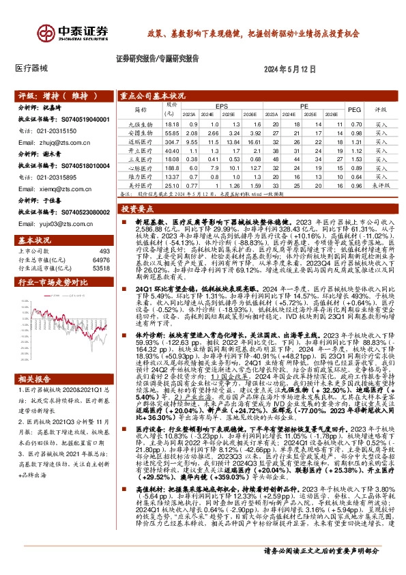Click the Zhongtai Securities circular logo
click(x=48, y=32)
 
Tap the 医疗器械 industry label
click(x=31, y=69)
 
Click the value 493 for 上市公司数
click(x=104, y=251)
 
